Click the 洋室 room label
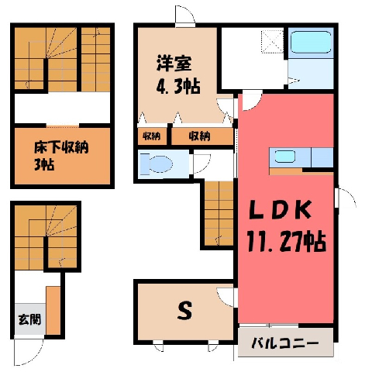(174, 64)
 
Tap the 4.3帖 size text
(178, 86)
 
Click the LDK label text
(280, 210)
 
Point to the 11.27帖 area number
(287, 241)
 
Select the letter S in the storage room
(184, 311)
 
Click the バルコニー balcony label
(285, 343)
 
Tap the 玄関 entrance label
(29, 319)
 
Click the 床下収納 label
(61, 147)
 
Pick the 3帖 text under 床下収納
(44, 164)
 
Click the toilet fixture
(157, 164)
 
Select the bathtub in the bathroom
(311, 42)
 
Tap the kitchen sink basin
(284, 157)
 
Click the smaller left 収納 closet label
(152, 136)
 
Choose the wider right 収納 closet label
(199, 136)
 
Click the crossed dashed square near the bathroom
(272, 42)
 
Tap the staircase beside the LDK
(219, 213)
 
